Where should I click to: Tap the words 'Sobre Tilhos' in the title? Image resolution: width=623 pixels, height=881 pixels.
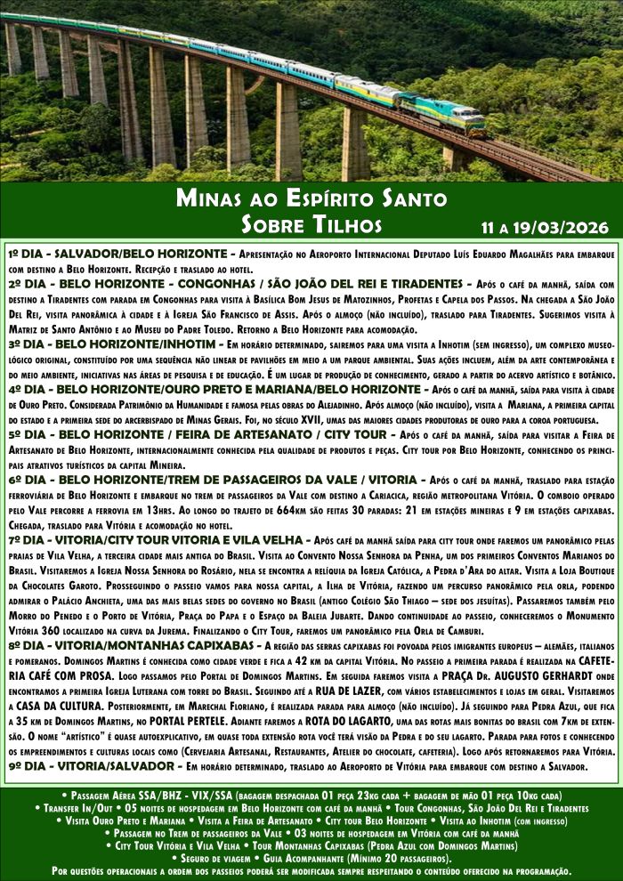(311, 223)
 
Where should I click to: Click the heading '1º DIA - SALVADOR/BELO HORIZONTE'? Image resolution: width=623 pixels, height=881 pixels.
(120, 254)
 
